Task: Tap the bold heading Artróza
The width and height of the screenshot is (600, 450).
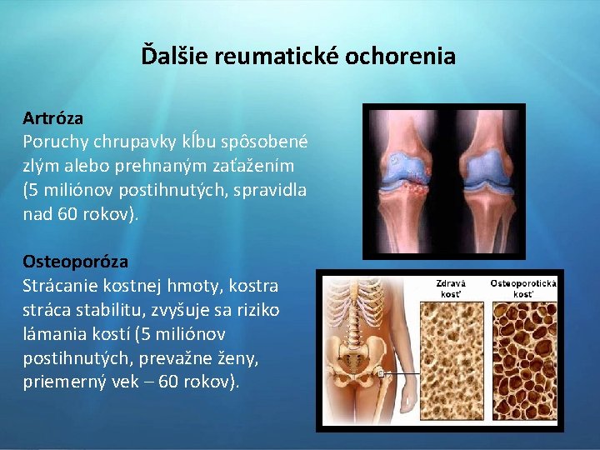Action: tap(52, 118)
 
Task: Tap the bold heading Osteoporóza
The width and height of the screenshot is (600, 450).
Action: tap(75, 262)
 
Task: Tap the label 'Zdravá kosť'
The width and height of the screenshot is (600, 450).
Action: tap(451, 288)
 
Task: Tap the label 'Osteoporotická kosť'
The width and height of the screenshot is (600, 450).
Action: tap(522, 288)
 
